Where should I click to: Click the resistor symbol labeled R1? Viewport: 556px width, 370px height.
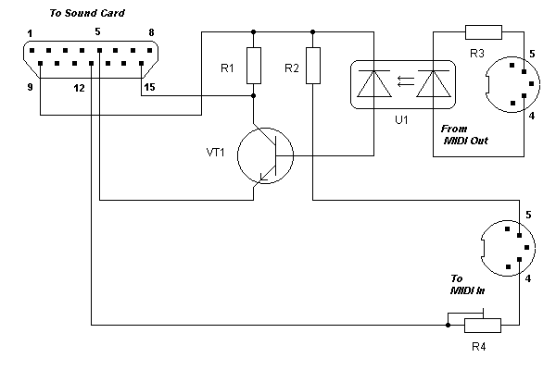(253, 64)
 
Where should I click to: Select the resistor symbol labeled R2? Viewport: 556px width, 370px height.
(314, 64)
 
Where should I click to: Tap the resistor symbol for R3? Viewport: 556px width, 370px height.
(483, 33)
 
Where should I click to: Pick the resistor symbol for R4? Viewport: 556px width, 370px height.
(482, 325)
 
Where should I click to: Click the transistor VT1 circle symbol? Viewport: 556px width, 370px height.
(265, 155)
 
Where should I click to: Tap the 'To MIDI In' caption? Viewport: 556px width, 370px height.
(469, 285)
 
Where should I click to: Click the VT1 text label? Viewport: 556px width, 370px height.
(216, 151)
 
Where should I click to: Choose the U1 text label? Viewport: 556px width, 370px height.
(401, 120)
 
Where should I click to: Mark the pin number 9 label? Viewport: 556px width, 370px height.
(30, 88)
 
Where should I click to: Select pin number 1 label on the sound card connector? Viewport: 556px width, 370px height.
(30, 34)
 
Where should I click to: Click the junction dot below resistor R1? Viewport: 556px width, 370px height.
(253, 94)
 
